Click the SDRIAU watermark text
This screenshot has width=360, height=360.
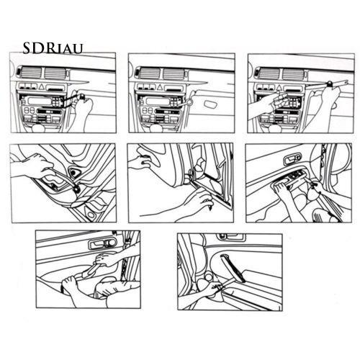pyautogui.click(x=53, y=48)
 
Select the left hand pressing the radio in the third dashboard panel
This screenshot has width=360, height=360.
pyautogui.click(x=264, y=109)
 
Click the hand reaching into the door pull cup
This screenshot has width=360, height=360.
pyautogui.click(x=32, y=167)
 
